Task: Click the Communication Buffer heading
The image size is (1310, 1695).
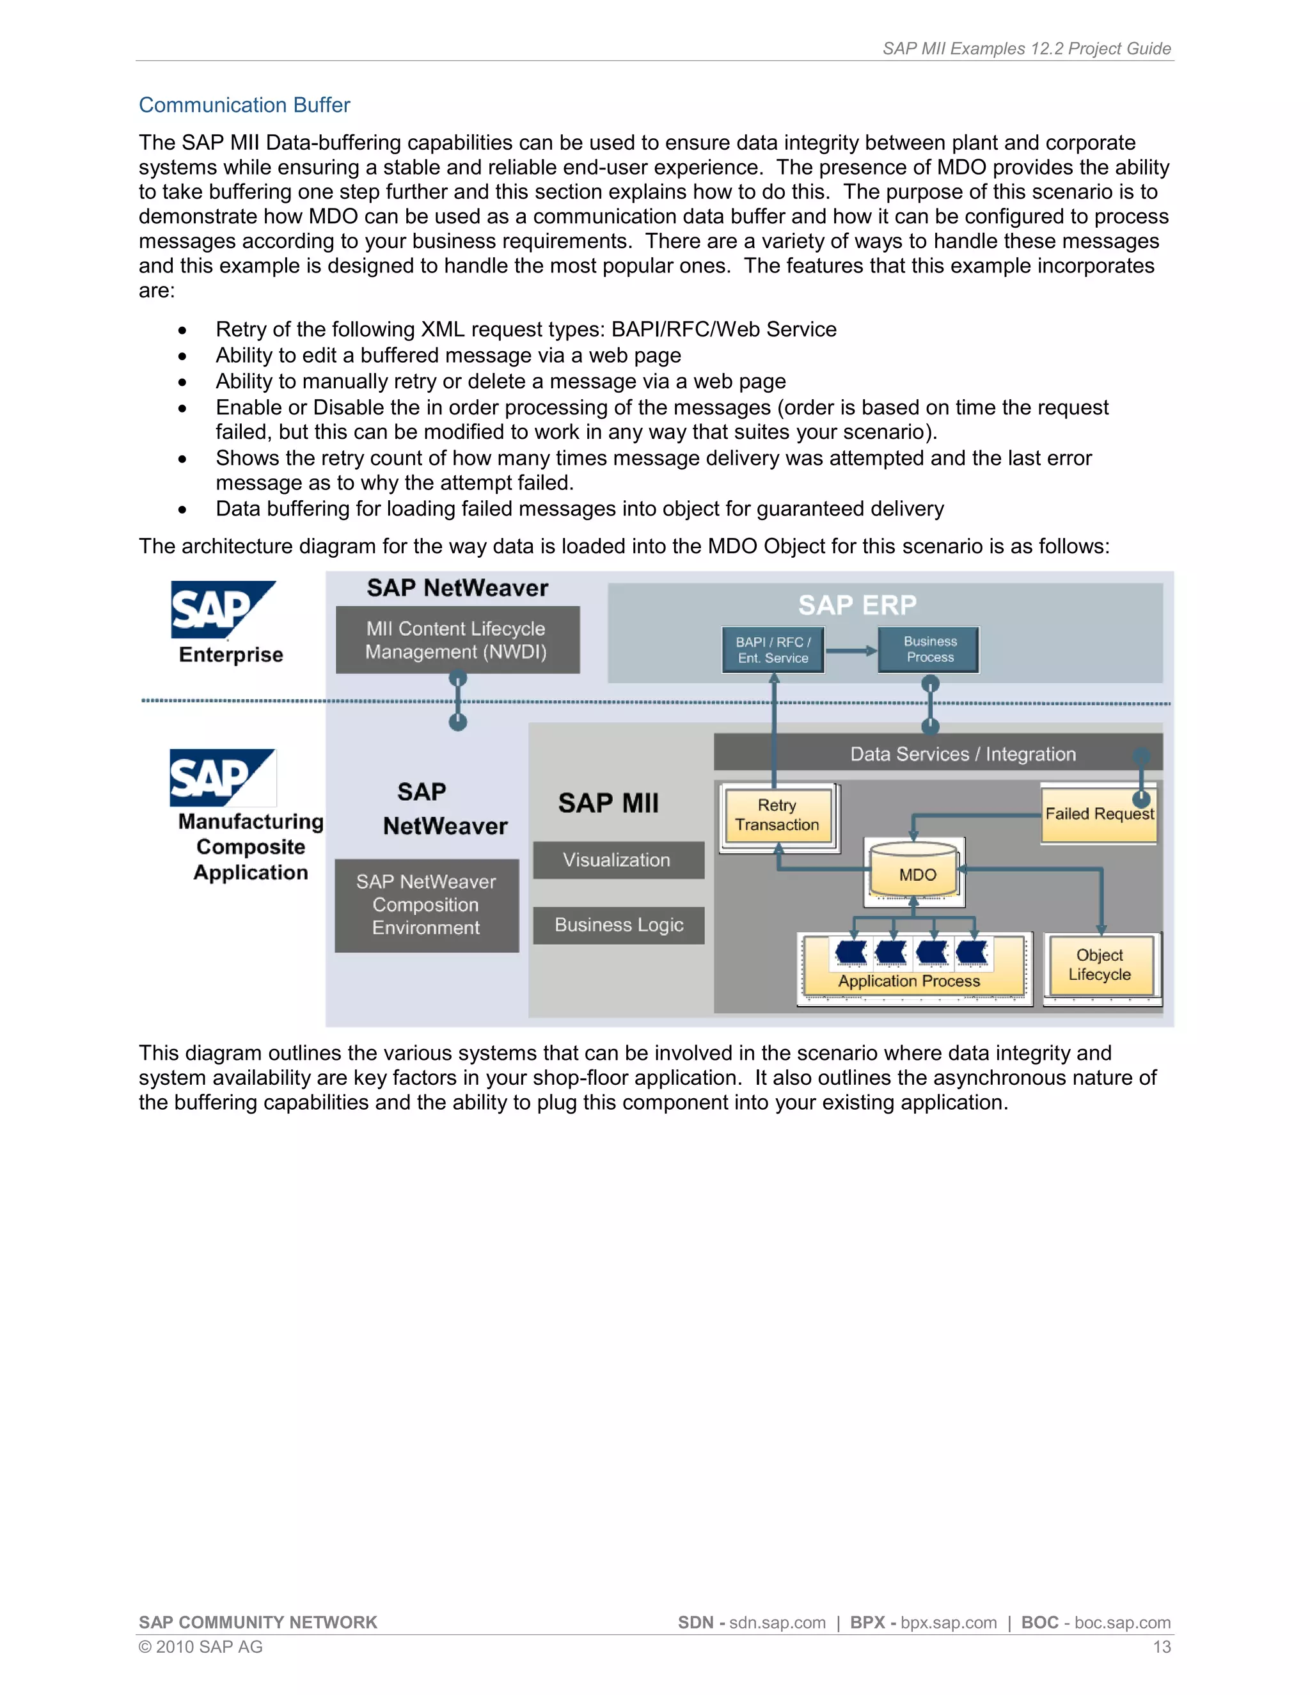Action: click(x=244, y=105)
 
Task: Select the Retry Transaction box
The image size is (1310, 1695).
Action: click(x=777, y=816)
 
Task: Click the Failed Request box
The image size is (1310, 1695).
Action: click(x=1098, y=814)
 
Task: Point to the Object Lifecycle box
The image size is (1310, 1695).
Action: click(x=1099, y=965)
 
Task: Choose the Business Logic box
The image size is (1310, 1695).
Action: click(x=619, y=925)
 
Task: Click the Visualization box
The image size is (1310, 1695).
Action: click(x=617, y=860)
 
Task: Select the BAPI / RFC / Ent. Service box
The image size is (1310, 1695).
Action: click(x=773, y=650)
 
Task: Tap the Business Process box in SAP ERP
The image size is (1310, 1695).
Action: click(x=929, y=650)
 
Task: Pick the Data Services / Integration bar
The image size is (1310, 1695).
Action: click(x=962, y=753)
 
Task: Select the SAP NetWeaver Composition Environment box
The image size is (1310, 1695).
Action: click(x=426, y=905)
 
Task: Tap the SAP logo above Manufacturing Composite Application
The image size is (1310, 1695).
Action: click(x=221, y=777)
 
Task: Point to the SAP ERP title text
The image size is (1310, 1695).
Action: click(x=856, y=604)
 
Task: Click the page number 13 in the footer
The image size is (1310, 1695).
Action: click(x=1161, y=1647)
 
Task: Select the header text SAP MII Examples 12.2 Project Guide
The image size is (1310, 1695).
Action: click(x=1026, y=48)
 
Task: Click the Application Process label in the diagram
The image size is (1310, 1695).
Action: click(x=909, y=981)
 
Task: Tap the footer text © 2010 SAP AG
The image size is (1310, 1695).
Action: click(x=201, y=1647)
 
